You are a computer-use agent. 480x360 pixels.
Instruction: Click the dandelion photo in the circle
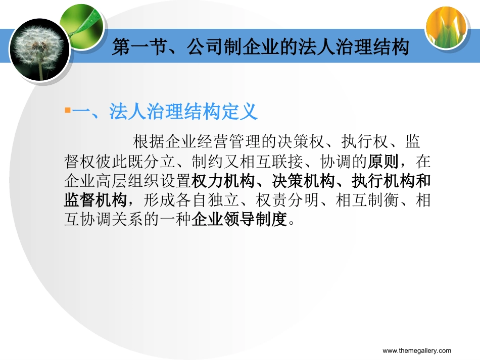(39, 49)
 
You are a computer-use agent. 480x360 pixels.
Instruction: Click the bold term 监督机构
(94, 200)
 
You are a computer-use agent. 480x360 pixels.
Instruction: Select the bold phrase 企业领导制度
(239, 220)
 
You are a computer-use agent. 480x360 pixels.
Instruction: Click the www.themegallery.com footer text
(416, 351)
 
